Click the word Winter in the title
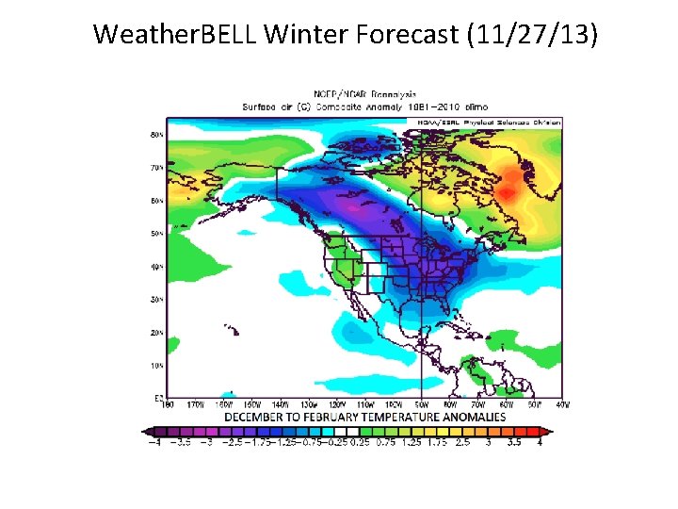[x=307, y=36]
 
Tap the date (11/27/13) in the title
[x=531, y=36]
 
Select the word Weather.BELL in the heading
[x=176, y=36]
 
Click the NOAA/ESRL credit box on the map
[x=484, y=123]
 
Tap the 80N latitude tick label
[x=157, y=135]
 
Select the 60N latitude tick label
[x=157, y=201]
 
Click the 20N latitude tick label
[x=157, y=333]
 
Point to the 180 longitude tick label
[x=169, y=405]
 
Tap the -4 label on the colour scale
[x=153, y=442]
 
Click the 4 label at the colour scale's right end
[x=540, y=442]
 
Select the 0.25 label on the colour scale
[x=359, y=442]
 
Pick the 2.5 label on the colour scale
[x=463, y=442]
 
